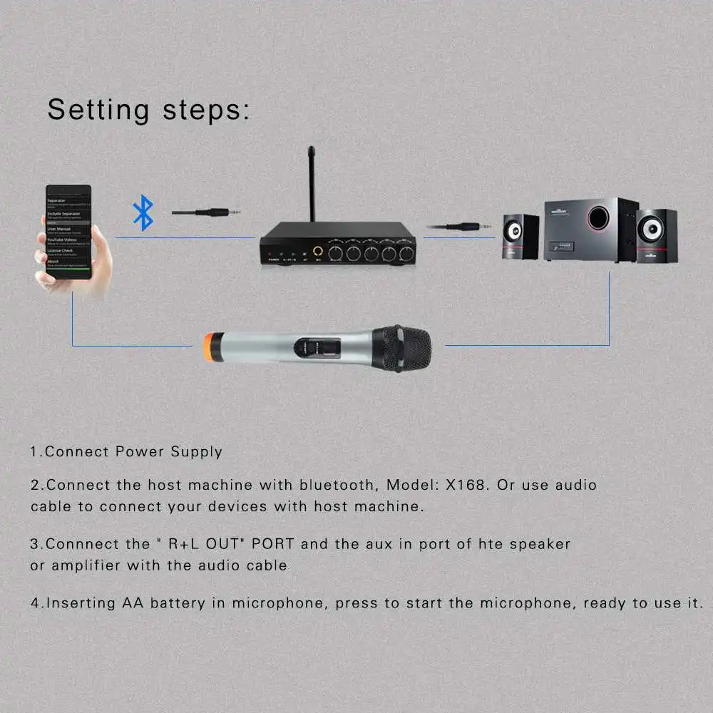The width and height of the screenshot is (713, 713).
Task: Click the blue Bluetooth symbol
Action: coord(143,213)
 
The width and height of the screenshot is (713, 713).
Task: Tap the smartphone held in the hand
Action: coord(68,232)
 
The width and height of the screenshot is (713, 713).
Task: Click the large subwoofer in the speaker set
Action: coord(590,230)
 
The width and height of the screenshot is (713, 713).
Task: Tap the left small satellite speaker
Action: coord(521,237)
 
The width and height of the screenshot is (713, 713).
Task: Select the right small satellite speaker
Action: coord(656,236)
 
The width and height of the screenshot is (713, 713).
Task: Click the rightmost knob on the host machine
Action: coord(406,253)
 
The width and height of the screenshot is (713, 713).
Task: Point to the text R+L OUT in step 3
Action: coord(207,544)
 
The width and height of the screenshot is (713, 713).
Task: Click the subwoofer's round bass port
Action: coord(598,217)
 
